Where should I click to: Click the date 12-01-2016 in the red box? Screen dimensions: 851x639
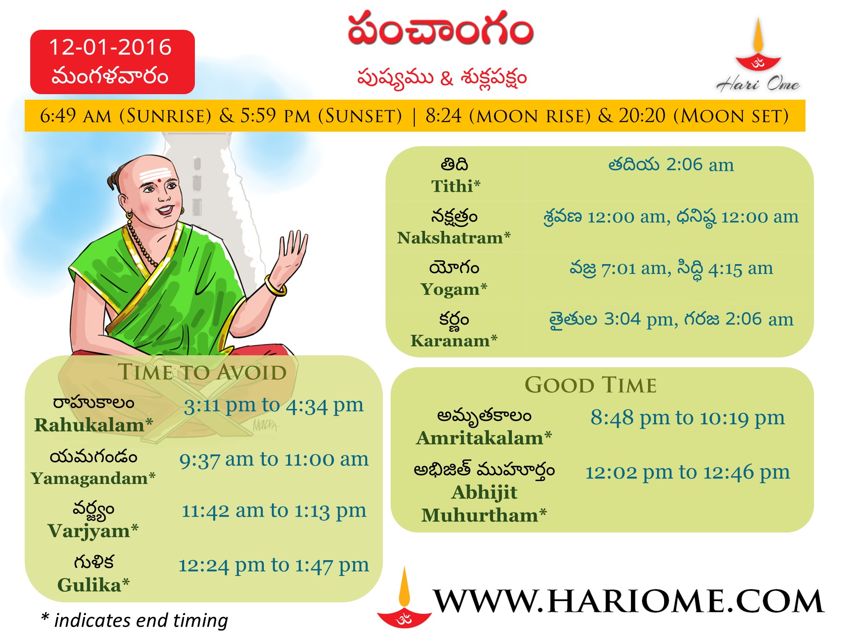click(x=110, y=47)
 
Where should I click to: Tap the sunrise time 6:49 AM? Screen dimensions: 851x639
click(x=75, y=115)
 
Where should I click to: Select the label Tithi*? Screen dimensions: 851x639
click(x=455, y=186)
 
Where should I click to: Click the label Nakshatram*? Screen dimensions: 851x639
click(x=454, y=238)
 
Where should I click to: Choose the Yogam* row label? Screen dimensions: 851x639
click(x=454, y=289)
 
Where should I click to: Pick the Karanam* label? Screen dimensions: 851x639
click(x=454, y=341)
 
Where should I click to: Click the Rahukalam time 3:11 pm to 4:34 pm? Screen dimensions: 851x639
click(x=274, y=406)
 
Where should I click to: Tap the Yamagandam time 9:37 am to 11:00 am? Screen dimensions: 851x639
click(x=274, y=459)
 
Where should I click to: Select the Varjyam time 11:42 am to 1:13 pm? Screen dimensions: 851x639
click(x=274, y=511)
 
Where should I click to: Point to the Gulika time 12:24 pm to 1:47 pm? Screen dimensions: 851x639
click(x=274, y=565)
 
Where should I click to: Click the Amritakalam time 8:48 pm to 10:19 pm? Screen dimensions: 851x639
click(x=687, y=418)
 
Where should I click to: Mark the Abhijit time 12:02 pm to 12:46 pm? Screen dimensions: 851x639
click(x=687, y=472)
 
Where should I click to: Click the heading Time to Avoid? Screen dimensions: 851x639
click(x=202, y=372)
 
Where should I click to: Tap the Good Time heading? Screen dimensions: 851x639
click(x=591, y=385)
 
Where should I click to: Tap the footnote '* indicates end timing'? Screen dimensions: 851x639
click(x=134, y=621)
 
